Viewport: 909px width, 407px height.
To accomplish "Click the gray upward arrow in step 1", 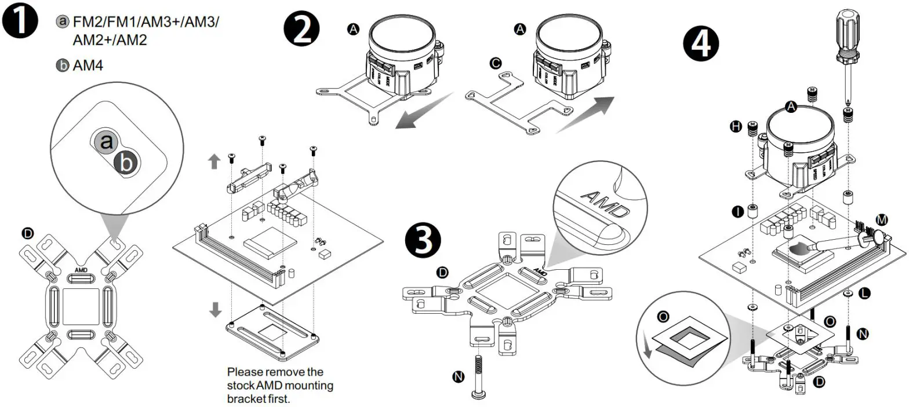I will (x=214, y=162).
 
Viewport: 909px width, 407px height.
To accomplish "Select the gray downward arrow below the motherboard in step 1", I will (x=215, y=310).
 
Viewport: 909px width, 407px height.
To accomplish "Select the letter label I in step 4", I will (x=737, y=212).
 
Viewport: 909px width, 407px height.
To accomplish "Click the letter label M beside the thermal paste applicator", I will (x=882, y=220).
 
